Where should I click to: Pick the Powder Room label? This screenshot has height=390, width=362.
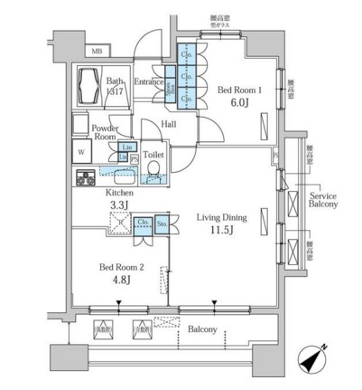tap(100, 132)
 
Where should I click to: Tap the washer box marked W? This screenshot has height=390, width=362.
tap(79, 150)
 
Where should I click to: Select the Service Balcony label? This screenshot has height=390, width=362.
tap(323, 201)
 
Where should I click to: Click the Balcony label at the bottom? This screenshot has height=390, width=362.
tap(202, 329)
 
